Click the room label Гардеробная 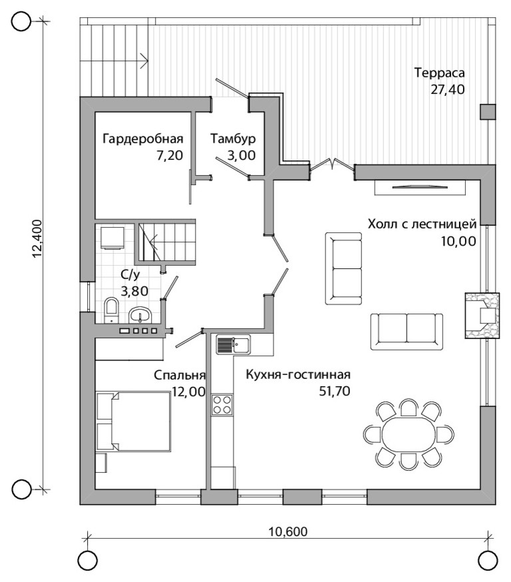tap(143, 139)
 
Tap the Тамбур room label tap(234, 139)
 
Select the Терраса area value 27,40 tap(448, 89)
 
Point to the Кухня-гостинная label tap(298, 374)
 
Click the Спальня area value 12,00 tap(188, 392)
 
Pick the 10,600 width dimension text tap(287, 531)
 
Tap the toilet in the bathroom tap(111, 310)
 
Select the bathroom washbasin tap(140, 316)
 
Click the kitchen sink tap(234, 345)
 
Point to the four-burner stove tap(222, 405)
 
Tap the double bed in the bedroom tap(134, 421)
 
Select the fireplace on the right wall tap(482, 316)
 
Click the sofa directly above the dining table tap(407, 331)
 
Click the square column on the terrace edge tap(488, 112)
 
